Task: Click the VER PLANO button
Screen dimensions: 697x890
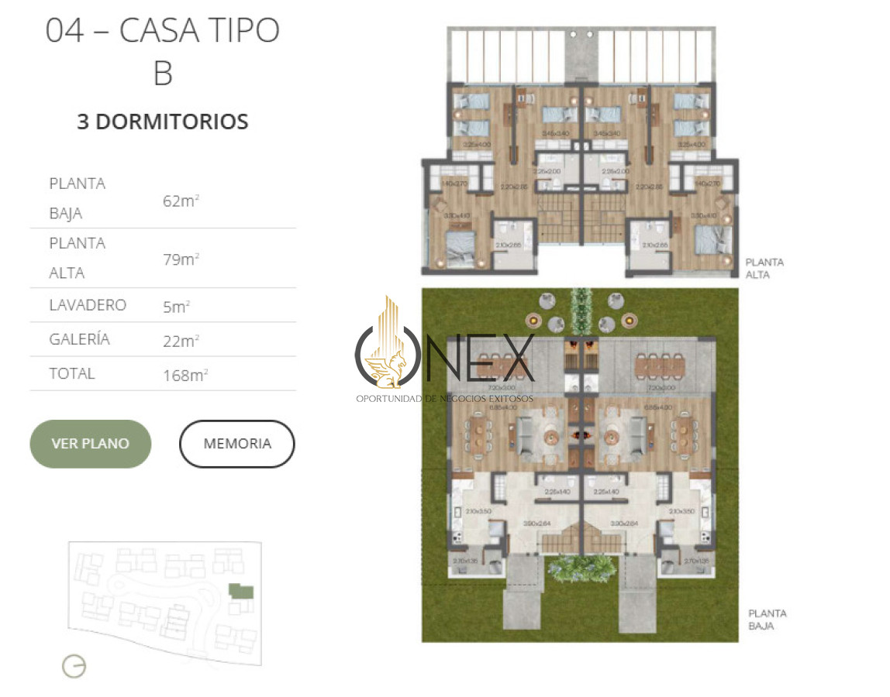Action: (90, 444)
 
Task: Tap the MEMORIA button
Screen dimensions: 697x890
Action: (237, 444)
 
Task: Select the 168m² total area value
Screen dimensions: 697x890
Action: (185, 376)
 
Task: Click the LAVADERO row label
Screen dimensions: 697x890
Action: (88, 305)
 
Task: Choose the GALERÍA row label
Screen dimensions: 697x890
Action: (80, 339)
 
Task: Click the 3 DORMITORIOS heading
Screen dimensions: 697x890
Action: (163, 122)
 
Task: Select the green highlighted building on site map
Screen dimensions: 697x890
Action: (241, 592)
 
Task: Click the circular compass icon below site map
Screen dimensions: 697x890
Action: (74, 666)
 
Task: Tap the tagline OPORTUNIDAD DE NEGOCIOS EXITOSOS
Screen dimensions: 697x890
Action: (445, 398)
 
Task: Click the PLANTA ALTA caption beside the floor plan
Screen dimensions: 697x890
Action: (764, 268)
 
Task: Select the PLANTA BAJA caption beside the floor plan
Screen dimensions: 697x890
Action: (767, 620)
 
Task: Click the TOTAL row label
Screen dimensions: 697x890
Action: (72, 373)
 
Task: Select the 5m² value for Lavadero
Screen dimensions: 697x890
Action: (176, 307)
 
